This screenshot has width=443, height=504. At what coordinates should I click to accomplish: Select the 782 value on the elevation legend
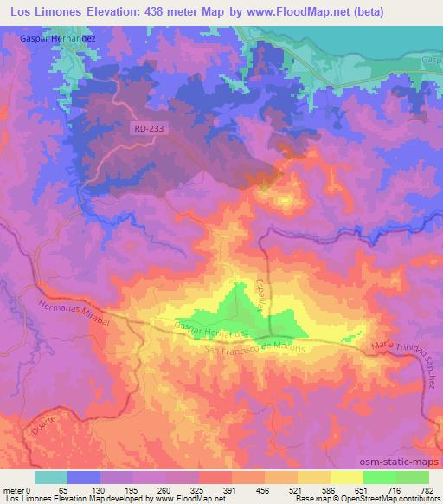(428, 489)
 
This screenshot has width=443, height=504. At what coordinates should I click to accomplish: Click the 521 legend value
(297, 489)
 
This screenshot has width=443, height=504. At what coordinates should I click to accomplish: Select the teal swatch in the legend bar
(51, 477)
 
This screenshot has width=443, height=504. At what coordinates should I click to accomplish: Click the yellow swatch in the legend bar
(347, 477)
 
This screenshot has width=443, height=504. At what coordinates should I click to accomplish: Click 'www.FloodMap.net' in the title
(275, 11)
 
